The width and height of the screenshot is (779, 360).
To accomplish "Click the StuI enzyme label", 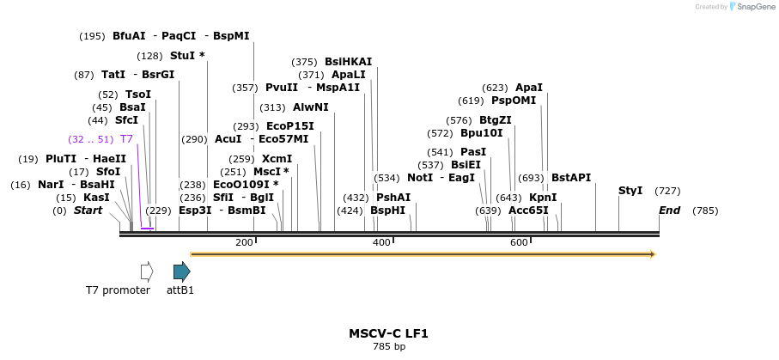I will coord(183,56).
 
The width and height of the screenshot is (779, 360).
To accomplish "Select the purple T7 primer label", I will coord(126,139).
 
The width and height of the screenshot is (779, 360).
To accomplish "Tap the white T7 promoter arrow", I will coord(147,272).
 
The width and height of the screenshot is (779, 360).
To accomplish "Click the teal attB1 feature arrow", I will coord(181,272).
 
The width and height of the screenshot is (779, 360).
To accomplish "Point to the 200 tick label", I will coord(244,243).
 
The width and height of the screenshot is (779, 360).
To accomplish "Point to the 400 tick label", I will coord(381,243).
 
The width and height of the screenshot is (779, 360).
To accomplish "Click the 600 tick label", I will coord(519,243).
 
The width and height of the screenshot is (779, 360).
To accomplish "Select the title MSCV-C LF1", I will coord(388,333).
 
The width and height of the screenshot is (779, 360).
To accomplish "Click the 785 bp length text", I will coord(388,346).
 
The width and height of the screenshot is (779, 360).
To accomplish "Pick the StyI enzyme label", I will coord(630,191).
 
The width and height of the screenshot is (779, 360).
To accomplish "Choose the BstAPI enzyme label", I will coord(571,178).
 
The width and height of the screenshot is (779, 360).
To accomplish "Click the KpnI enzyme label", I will coord(543,198).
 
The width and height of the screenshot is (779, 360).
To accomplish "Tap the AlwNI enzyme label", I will coord(311,107).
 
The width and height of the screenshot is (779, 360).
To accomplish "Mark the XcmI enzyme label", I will coord(277,159).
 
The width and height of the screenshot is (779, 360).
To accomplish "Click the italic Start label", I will coord(88,211).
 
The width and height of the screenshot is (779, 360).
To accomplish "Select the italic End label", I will coord(669,211).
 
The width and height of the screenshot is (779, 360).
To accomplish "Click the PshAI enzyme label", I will coord(393,198).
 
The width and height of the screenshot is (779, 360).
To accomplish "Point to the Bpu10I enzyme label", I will coord(482,133).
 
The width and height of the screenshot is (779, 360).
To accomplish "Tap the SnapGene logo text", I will coord(753,7).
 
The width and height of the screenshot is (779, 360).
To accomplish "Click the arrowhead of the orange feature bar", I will coord(652,254).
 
